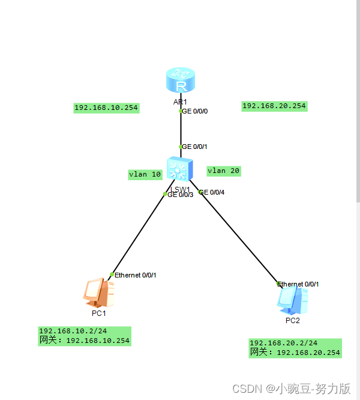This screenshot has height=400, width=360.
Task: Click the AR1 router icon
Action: [181, 81]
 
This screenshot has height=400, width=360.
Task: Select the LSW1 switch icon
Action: [180, 169]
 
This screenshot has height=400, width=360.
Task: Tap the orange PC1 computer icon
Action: [98, 292]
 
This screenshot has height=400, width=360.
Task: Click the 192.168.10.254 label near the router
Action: [106, 108]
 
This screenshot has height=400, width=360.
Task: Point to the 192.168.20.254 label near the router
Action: [274, 106]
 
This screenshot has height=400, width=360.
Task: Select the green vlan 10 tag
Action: [145, 174]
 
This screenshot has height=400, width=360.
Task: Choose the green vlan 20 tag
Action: [224, 171]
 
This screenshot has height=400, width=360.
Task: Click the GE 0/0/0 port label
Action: [194, 111]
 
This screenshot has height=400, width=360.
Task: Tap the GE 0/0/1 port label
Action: [194, 147]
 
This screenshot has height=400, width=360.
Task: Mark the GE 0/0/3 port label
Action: [180, 195]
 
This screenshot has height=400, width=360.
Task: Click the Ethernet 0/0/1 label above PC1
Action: [135, 275]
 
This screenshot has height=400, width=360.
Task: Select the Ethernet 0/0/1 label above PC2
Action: [298, 284]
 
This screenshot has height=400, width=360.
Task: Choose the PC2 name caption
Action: [292, 320]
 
